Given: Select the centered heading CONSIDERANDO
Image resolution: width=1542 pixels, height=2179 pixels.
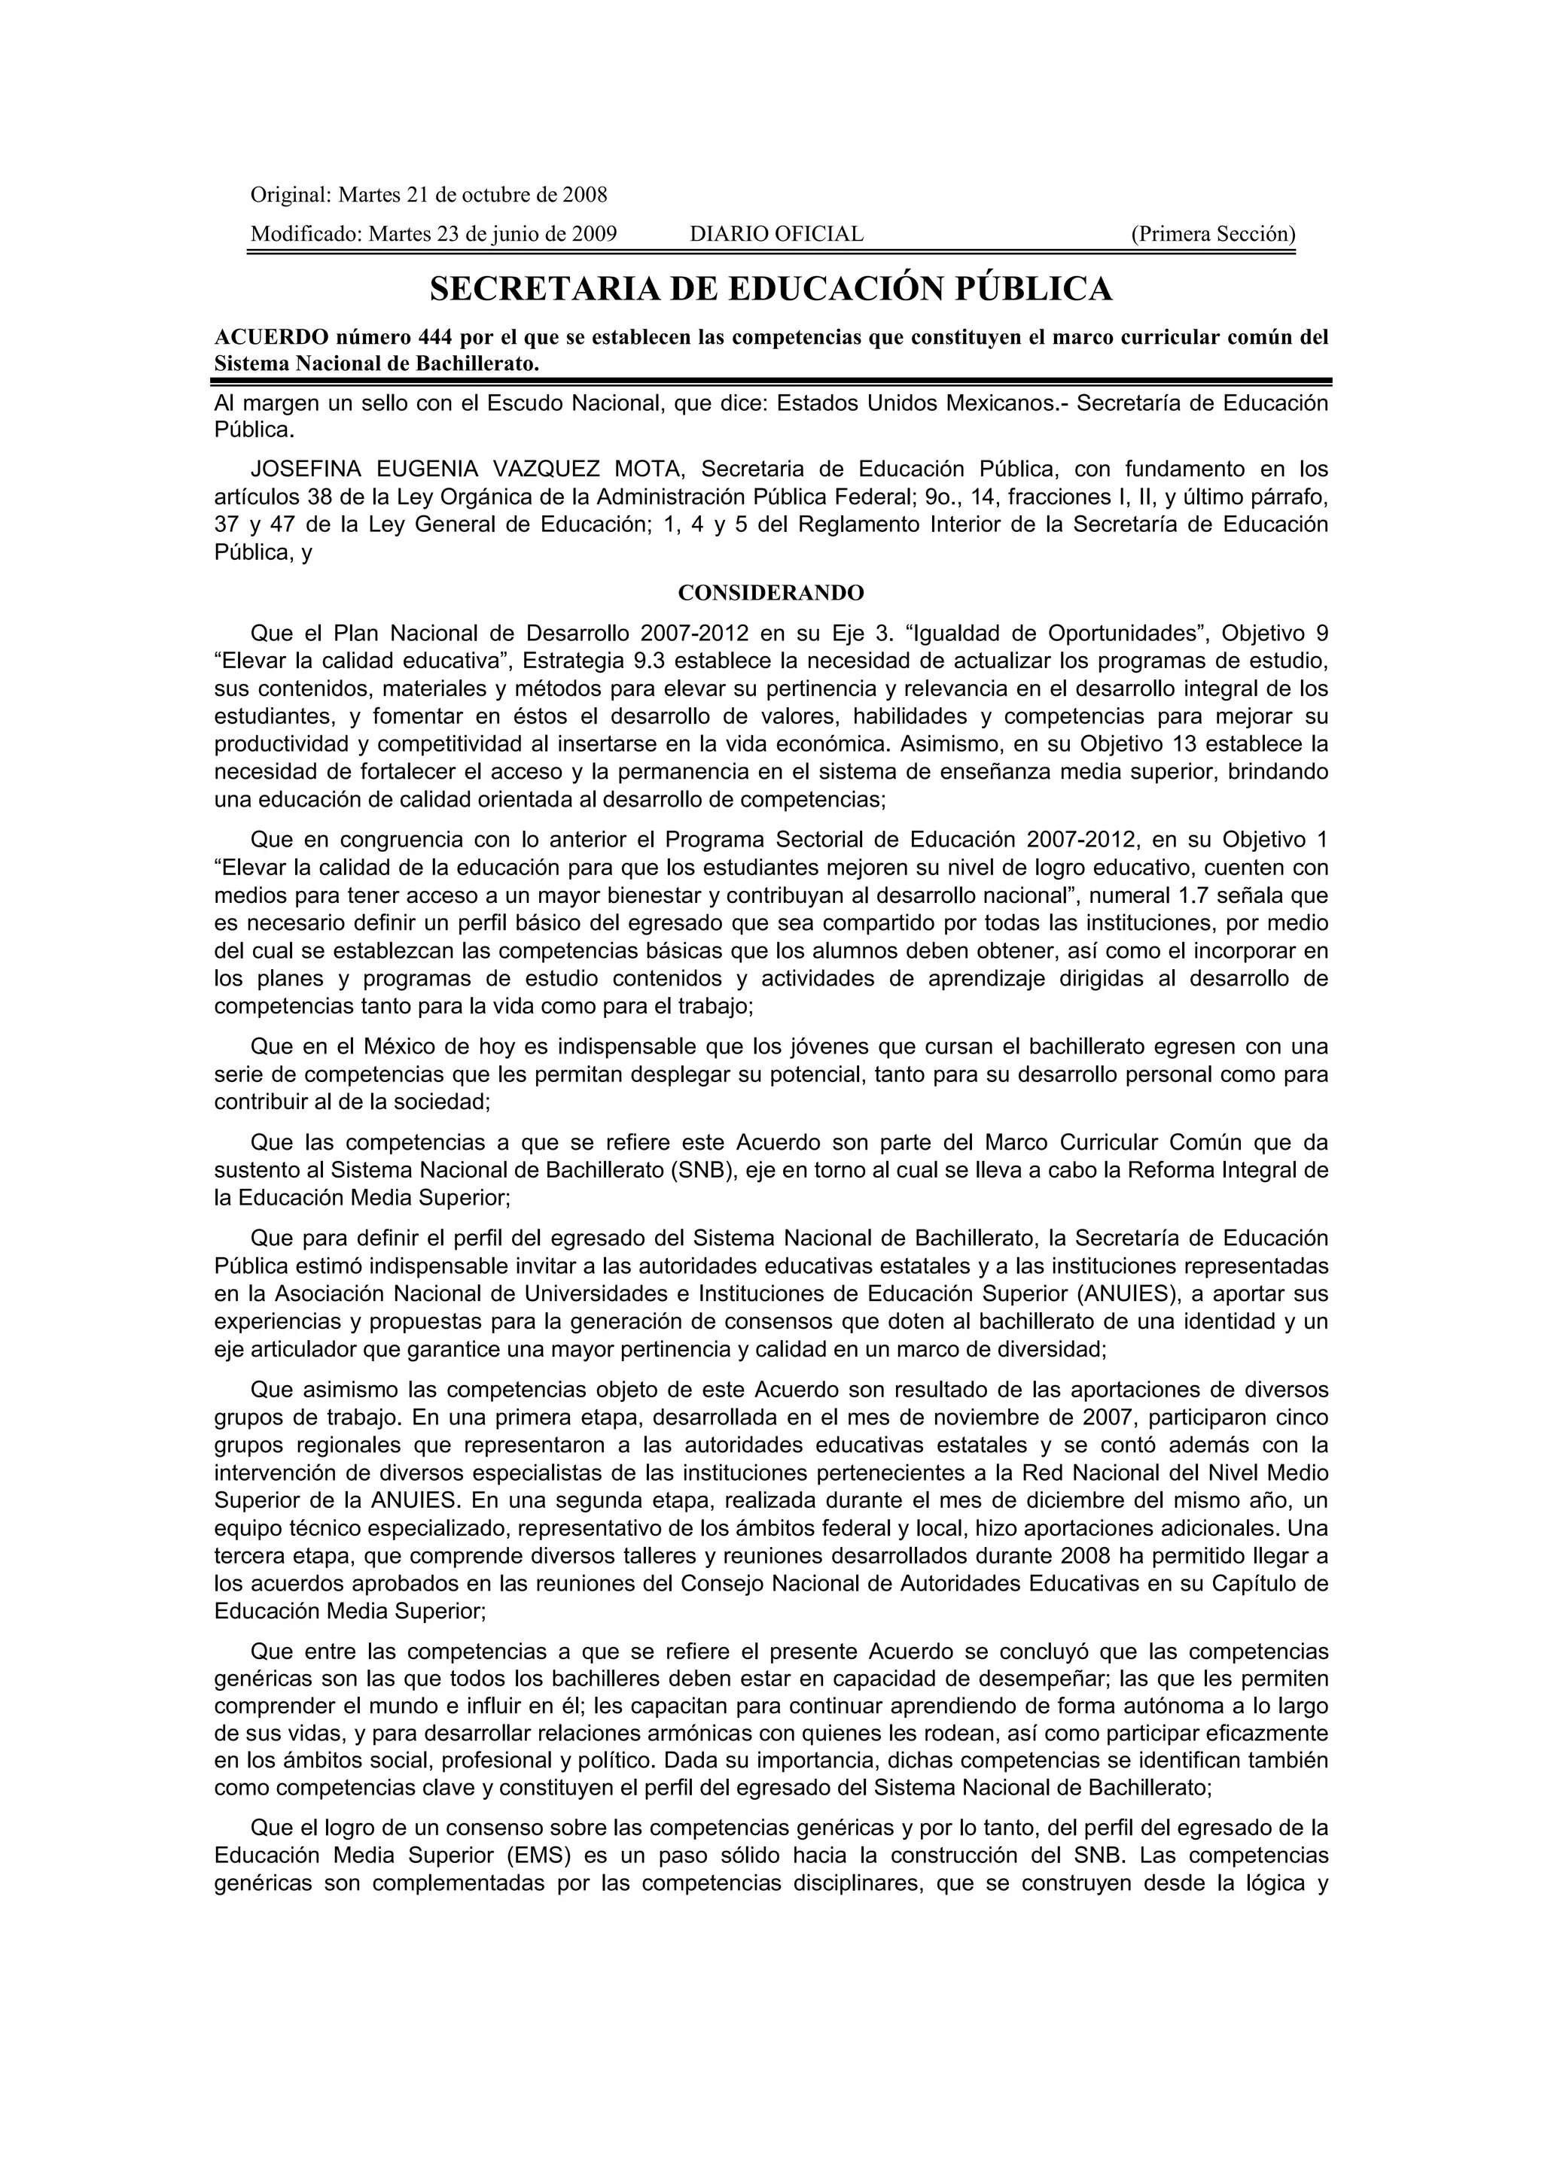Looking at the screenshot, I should point(771,593).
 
